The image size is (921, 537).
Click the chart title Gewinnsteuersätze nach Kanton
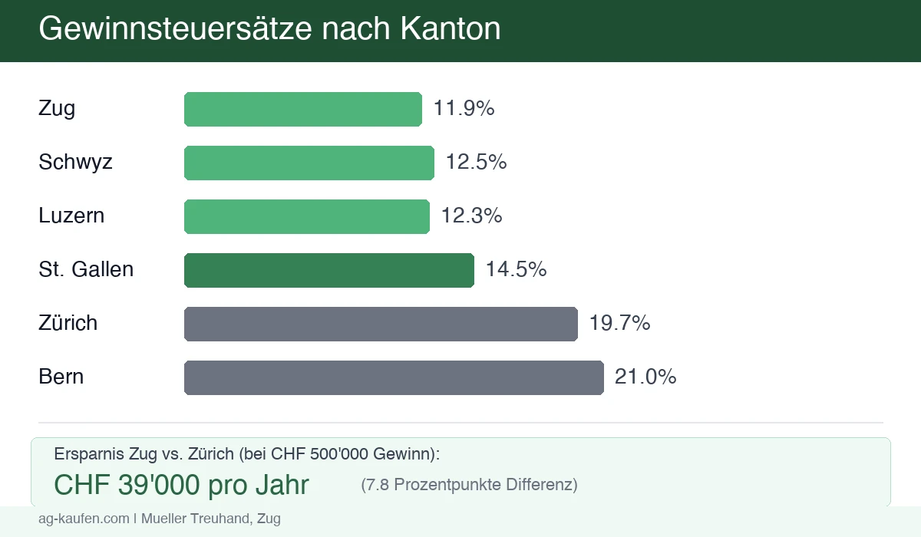[x=269, y=29]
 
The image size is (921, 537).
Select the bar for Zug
[x=303, y=109]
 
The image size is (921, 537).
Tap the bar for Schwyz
[x=309, y=163]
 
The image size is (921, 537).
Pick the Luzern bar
[x=307, y=216]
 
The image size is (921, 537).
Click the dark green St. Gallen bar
[x=329, y=270]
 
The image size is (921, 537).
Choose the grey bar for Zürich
[x=381, y=324]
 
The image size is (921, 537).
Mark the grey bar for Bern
[x=394, y=377]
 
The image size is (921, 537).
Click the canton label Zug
[x=57, y=109]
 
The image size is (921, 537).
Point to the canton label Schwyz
[x=75, y=163]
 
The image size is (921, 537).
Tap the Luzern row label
[x=71, y=216]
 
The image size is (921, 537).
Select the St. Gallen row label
[x=86, y=270]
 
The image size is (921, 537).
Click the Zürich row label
[x=68, y=324]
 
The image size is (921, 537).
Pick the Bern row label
[x=61, y=377]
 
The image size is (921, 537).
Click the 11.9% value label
[x=464, y=109]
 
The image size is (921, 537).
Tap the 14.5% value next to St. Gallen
[x=516, y=270]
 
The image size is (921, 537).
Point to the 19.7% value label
[x=619, y=324]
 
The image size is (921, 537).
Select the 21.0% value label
[x=645, y=377]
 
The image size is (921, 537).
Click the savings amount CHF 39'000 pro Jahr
[x=182, y=485]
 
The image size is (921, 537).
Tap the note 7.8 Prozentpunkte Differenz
[x=469, y=485]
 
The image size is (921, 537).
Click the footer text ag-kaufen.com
[x=84, y=519]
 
